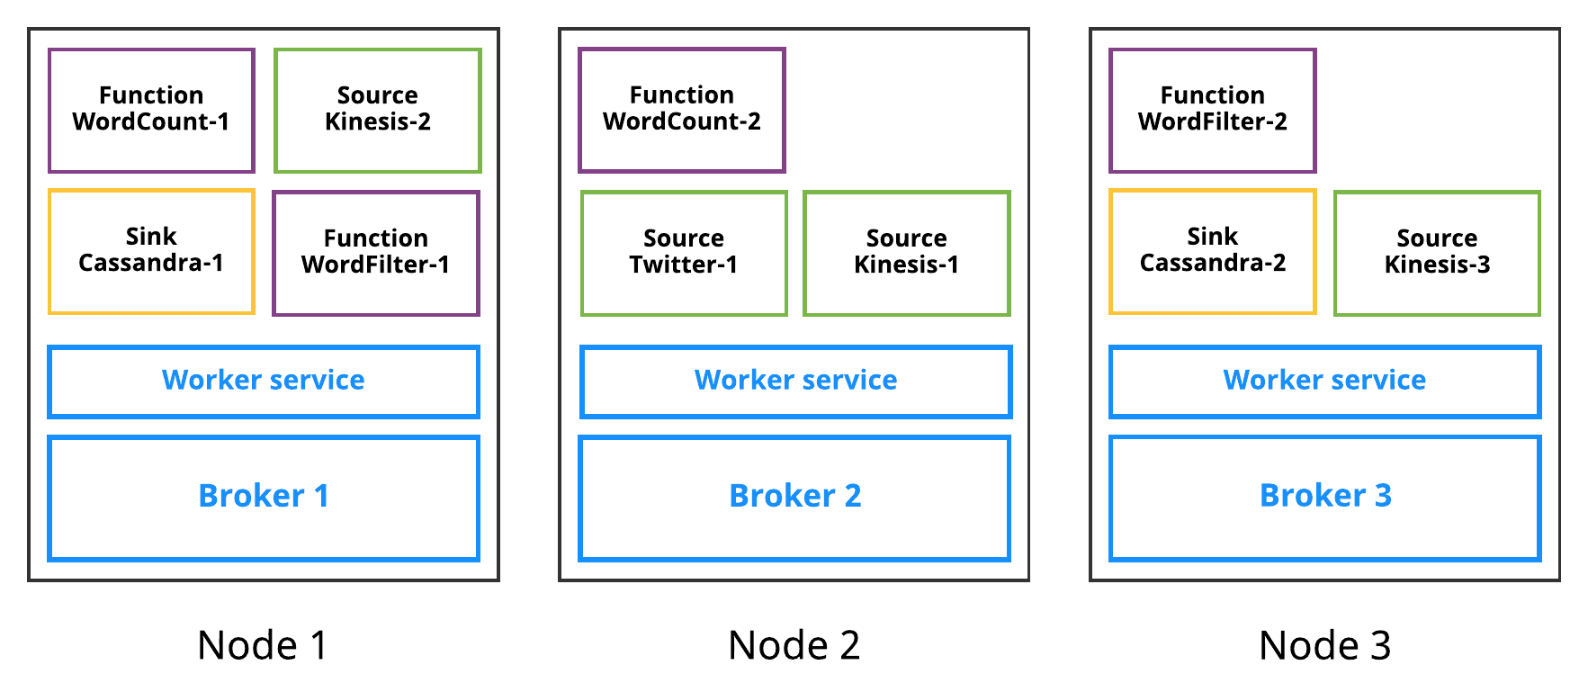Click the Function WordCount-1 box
click(151, 110)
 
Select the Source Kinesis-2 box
click(378, 110)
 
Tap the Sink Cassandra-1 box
click(151, 251)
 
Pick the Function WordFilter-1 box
click(376, 253)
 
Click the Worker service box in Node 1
click(264, 382)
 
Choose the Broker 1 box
click(264, 498)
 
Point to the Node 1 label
click(263, 645)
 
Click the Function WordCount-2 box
click(682, 110)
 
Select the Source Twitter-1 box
click(684, 253)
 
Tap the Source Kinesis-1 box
click(907, 253)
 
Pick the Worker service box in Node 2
click(796, 382)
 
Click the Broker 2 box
click(794, 498)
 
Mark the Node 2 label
click(794, 645)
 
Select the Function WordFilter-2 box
click(1213, 110)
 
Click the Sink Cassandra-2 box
click(1213, 251)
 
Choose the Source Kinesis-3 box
click(1438, 253)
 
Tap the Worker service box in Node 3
click(1325, 382)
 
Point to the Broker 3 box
click(1325, 498)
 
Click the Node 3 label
click(1324, 645)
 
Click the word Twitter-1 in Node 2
click(684, 265)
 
